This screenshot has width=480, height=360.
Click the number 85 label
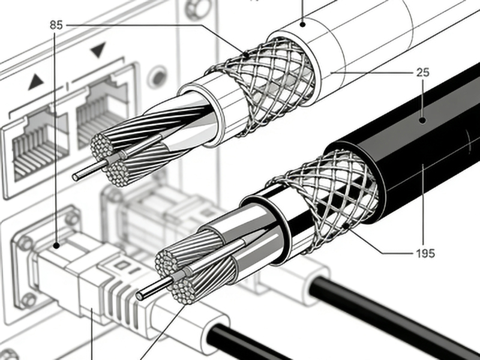coord(56,25)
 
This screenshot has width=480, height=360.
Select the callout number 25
coord(423,73)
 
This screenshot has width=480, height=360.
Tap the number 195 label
coord(425,253)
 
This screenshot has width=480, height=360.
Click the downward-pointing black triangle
coord(98,50)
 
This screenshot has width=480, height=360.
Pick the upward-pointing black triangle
coord(36,82)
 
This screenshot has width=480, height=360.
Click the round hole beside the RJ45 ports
coord(157,78)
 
